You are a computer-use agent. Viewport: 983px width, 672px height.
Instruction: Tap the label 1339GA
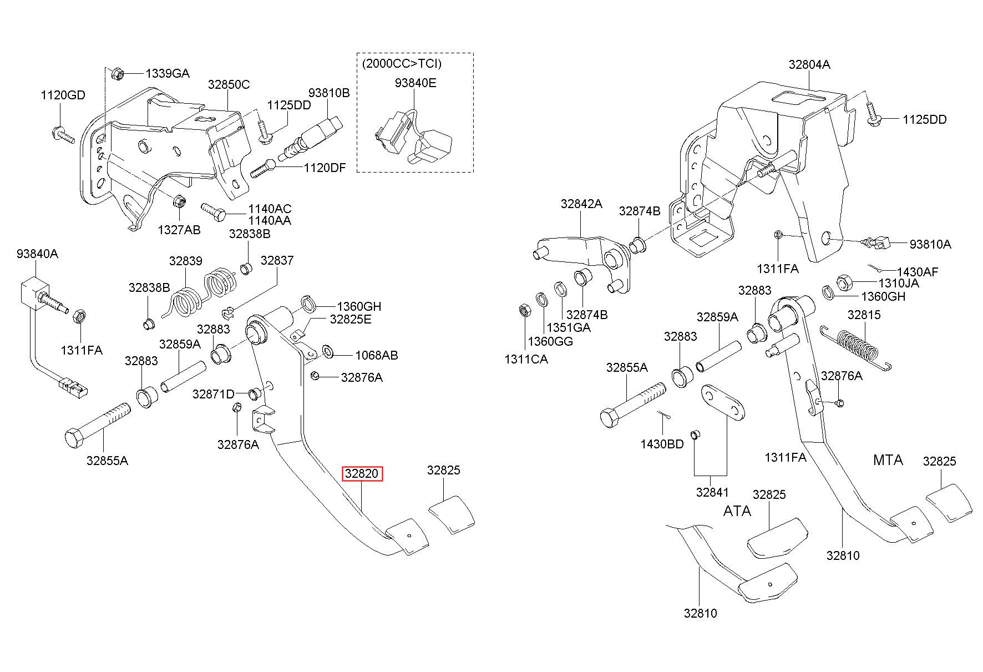pyautogui.click(x=168, y=73)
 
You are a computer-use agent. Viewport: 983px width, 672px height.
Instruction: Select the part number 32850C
pyautogui.click(x=229, y=84)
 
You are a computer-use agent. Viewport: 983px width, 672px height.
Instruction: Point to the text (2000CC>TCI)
pyautogui.click(x=402, y=63)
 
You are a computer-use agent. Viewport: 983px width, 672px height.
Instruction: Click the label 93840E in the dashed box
pyautogui.click(x=416, y=83)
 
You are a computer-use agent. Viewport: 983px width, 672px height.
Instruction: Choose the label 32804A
pyautogui.click(x=809, y=64)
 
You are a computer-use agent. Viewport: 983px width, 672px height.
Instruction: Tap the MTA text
pyautogui.click(x=888, y=460)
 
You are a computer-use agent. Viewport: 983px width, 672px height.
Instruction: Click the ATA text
pyautogui.click(x=737, y=511)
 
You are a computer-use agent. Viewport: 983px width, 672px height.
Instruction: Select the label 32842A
pyautogui.click(x=581, y=204)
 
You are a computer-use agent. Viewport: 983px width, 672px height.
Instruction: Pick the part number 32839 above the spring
pyautogui.click(x=186, y=261)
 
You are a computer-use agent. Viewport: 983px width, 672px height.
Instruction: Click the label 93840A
pyautogui.click(x=37, y=254)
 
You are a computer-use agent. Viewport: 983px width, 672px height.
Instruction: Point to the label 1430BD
pyautogui.click(x=662, y=444)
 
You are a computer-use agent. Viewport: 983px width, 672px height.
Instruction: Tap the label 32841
pyautogui.click(x=713, y=492)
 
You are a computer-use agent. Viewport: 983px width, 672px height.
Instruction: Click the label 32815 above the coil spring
pyautogui.click(x=864, y=315)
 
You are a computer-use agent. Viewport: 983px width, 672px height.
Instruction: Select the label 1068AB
pyautogui.click(x=377, y=355)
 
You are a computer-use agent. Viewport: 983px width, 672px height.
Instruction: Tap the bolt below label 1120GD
pyautogui.click(x=64, y=134)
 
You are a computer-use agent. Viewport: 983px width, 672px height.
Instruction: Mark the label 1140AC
pyautogui.click(x=270, y=209)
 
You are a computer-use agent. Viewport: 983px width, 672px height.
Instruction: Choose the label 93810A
pyautogui.click(x=930, y=244)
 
